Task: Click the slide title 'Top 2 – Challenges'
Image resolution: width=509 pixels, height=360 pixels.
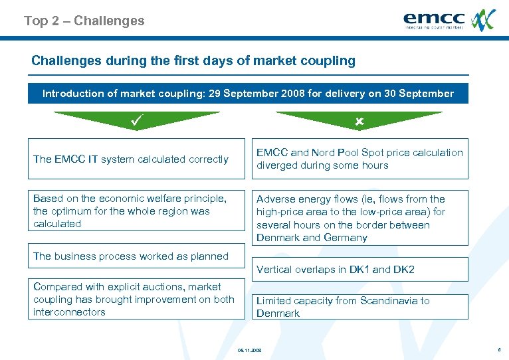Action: coord(84,21)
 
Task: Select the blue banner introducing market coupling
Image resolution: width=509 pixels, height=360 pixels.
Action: coord(248,94)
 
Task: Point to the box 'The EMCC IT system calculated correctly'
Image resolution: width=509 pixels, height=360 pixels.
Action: coord(136,159)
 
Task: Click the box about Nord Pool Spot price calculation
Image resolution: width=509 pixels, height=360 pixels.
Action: coord(359,159)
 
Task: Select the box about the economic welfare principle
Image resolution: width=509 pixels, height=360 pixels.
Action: coord(136,211)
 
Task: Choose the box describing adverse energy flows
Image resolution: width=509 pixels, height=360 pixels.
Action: coord(359,218)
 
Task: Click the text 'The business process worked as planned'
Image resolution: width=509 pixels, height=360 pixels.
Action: coord(131,256)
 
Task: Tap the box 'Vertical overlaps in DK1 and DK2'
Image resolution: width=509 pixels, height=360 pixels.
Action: coord(359,269)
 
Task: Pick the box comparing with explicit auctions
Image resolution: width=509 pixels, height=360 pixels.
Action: coord(136,300)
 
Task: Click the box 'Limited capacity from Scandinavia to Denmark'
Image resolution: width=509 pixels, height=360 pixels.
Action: coord(359,307)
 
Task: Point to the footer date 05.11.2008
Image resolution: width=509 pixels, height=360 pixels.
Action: coord(250,349)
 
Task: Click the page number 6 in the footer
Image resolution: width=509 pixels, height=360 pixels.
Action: coord(498,349)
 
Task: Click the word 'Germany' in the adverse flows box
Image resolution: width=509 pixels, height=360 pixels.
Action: coord(345,238)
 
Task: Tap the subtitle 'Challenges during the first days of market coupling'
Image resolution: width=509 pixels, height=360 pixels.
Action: coord(193,61)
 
